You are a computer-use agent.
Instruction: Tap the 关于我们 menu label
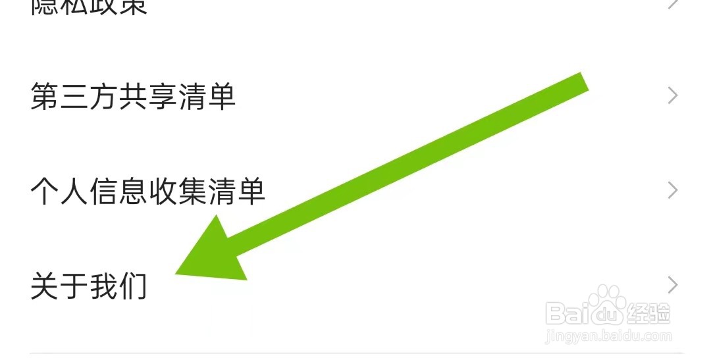[89, 287]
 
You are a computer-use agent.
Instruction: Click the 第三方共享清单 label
[133, 97]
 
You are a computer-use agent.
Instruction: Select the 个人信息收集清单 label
[147, 192]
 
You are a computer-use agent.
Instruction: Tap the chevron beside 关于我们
[672, 285]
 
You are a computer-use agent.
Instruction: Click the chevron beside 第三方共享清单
[672, 96]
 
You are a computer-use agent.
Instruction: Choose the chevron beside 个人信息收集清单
[672, 191]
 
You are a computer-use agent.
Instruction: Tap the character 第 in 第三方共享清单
[45, 97]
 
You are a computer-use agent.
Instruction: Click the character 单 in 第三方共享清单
[221, 97]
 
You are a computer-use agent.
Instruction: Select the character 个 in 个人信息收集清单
[45, 192]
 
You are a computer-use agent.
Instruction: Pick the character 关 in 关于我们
[45, 287]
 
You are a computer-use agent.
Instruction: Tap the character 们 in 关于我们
[133, 287]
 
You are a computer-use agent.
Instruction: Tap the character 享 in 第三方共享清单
[162, 97]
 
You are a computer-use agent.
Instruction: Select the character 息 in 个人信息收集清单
[133, 192]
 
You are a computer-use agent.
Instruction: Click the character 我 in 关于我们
[103, 287]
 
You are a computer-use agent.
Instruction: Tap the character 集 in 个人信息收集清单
[192, 192]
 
